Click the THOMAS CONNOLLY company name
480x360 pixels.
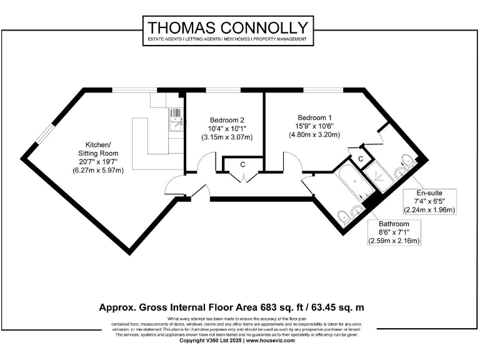coord(227,27)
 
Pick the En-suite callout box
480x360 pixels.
coord(429,201)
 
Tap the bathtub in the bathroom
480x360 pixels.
coord(354,182)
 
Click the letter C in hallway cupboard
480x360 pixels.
coord(243,164)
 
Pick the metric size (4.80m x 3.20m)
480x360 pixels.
coord(314,134)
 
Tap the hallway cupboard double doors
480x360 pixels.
coord(242,177)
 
